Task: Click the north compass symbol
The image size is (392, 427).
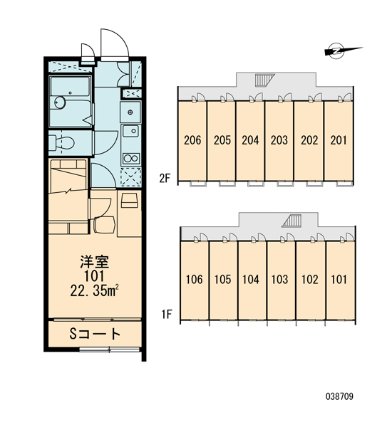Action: coord(338,51)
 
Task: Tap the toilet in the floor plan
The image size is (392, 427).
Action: coord(62,143)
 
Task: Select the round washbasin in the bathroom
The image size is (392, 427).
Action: coord(60,102)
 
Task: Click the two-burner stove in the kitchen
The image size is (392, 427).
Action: coord(131,159)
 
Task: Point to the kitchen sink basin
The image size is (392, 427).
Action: coord(131,131)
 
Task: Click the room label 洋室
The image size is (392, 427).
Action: coord(94,262)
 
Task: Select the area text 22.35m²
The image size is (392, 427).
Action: coord(94,290)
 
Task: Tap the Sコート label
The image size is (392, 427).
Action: coord(95,334)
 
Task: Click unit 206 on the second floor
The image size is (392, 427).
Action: coord(192,140)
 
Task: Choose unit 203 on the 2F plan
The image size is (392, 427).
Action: coord(279,140)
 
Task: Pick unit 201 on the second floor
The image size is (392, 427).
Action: coord(339,140)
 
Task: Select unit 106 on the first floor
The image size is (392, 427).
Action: coord(195,280)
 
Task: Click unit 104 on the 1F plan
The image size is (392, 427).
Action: coord(251,280)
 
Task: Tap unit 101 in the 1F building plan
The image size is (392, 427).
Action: coord(339,280)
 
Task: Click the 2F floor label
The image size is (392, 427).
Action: coord(165,179)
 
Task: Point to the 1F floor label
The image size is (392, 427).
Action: coord(166,315)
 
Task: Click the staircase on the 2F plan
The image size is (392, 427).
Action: coord(264,80)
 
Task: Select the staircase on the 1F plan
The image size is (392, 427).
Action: coord(292,221)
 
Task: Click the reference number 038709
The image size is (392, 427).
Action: coord(339,396)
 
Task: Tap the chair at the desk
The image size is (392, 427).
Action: coord(104,225)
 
